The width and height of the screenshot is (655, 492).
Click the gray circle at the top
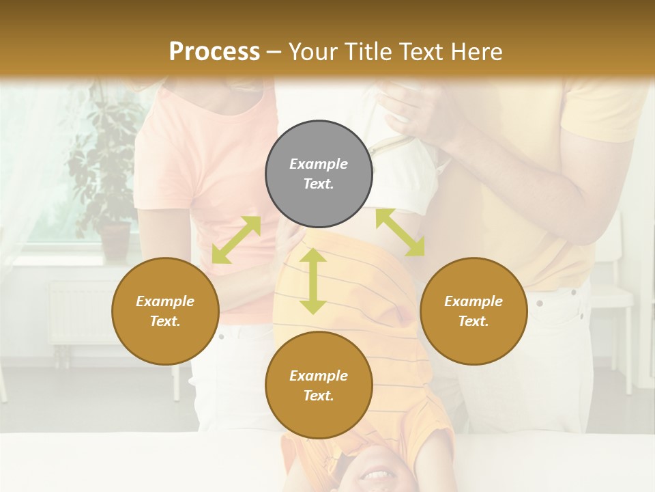[319, 174]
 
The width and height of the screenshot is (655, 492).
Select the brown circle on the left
[165, 311]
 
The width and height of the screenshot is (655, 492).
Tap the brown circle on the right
[474, 311]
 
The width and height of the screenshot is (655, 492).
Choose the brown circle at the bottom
[319, 385]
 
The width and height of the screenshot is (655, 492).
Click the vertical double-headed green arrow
[312, 280]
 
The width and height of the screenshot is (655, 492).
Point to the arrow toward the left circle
[236, 239]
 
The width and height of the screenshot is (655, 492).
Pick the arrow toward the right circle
[401, 232]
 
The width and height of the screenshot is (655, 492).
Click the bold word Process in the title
[214, 51]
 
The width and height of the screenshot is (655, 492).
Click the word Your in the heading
[311, 51]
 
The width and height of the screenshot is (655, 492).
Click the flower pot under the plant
[115, 241]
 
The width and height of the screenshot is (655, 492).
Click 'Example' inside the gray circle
[319, 164]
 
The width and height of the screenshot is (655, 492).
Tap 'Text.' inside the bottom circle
[319, 396]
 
